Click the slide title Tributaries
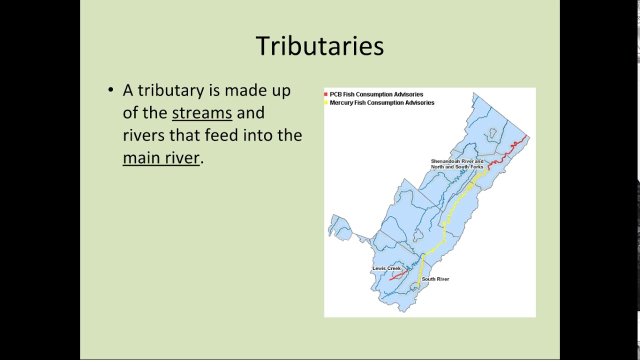(x=319, y=46)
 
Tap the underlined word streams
(x=202, y=113)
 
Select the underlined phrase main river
(x=161, y=158)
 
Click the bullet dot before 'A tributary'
(x=111, y=90)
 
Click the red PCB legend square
(x=326, y=94)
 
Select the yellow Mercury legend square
(x=326, y=102)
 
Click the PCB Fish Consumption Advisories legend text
(x=376, y=94)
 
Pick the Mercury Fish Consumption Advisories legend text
(x=382, y=102)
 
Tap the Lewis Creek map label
(x=386, y=268)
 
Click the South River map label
(x=435, y=279)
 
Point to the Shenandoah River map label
(x=457, y=164)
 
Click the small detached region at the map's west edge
(x=340, y=228)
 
